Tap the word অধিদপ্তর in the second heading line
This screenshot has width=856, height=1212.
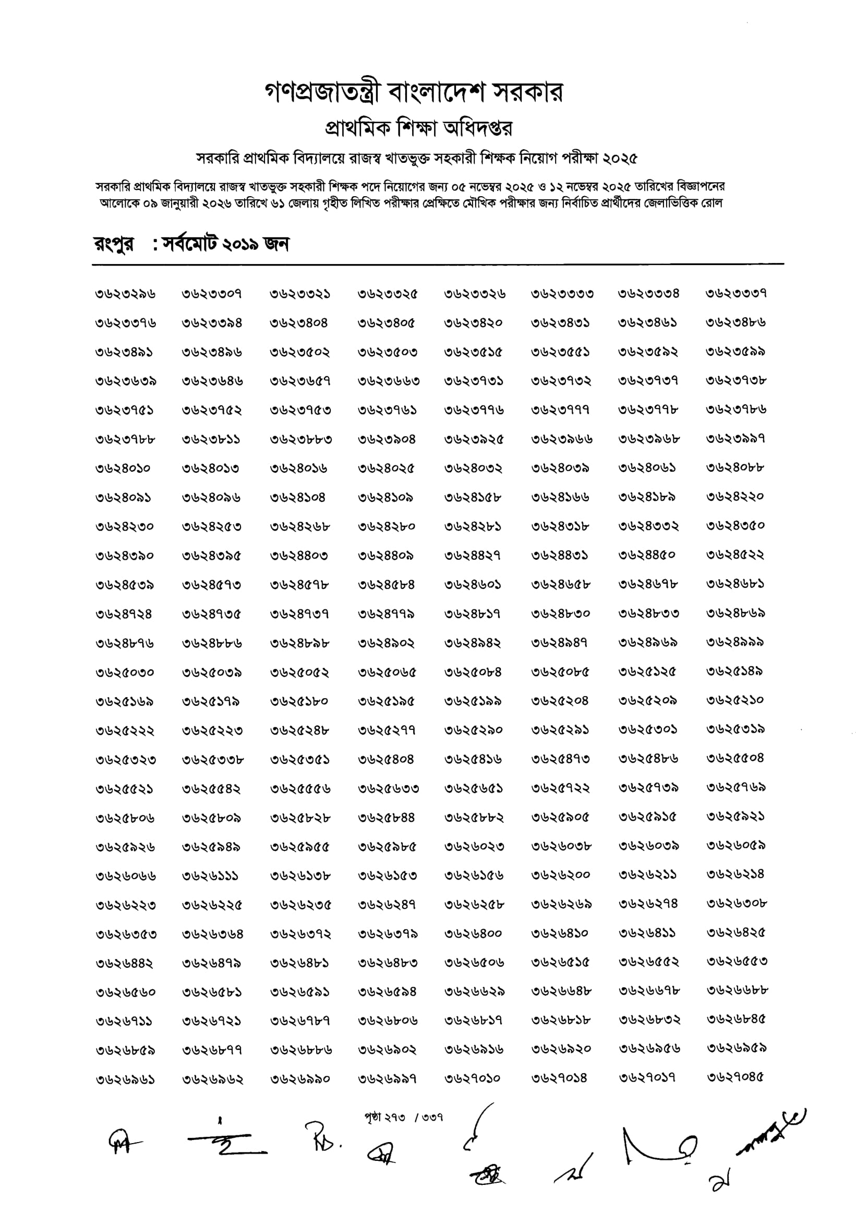click(x=479, y=128)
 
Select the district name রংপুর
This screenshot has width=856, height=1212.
click(x=114, y=244)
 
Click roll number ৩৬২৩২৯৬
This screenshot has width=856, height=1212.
click(x=126, y=294)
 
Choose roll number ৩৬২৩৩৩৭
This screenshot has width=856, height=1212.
click(x=736, y=294)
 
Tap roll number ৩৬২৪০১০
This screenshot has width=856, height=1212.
click(x=124, y=468)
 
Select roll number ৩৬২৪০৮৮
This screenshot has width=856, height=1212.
click(x=736, y=467)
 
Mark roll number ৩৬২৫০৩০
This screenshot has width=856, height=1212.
click(x=125, y=673)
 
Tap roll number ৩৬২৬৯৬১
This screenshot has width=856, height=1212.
click(x=125, y=1080)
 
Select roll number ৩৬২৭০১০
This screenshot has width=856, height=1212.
click(x=472, y=1078)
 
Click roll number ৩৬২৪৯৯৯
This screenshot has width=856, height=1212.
click(x=736, y=642)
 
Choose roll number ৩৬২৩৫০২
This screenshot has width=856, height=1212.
click(x=300, y=352)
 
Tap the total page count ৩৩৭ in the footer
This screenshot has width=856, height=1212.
click(x=432, y=1118)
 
